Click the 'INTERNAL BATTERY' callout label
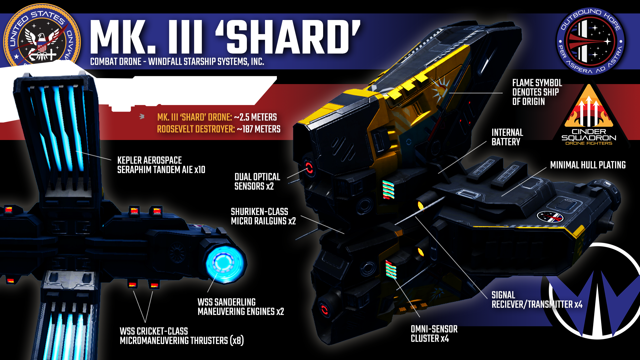click(x=507, y=137)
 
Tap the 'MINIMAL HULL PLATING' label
click(x=587, y=165)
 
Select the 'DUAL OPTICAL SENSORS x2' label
click(x=257, y=182)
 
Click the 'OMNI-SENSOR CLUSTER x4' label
click(x=434, y=334)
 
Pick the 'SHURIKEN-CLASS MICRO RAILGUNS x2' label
click(x=263, y=216)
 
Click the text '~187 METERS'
click(x=259, y=129)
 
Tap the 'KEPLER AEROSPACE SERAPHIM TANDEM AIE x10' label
click(x=161, y=165)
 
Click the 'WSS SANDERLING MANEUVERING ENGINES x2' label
click(x=240, y=307)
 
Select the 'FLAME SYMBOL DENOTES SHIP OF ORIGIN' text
click(x=537, y=92)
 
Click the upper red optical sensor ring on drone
click(x=309, y=168)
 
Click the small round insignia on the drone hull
click(x=549, y=216)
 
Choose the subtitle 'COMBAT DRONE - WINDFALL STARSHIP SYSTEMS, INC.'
click(x=177, y=62)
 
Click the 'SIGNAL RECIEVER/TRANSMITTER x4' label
click(x=537, y=300)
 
